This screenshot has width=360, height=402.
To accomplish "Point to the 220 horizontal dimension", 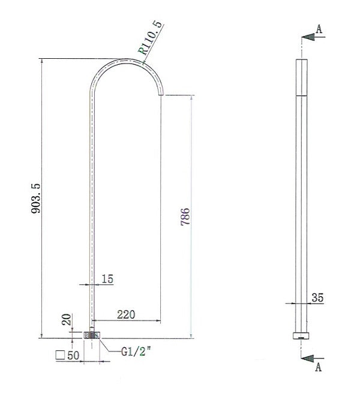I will (x=125, y=314).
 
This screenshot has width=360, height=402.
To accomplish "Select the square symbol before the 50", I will (x=60, y=355).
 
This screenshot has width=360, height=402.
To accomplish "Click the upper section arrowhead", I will (x=308, y=37).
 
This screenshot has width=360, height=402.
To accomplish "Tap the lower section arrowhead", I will (x=308, y=358).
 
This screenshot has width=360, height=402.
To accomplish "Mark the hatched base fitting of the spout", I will (x=92, y=335).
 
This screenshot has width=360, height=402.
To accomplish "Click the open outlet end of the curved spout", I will (x=161, y=94).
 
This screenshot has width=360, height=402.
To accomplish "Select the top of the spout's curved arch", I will (x=126, y=60).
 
